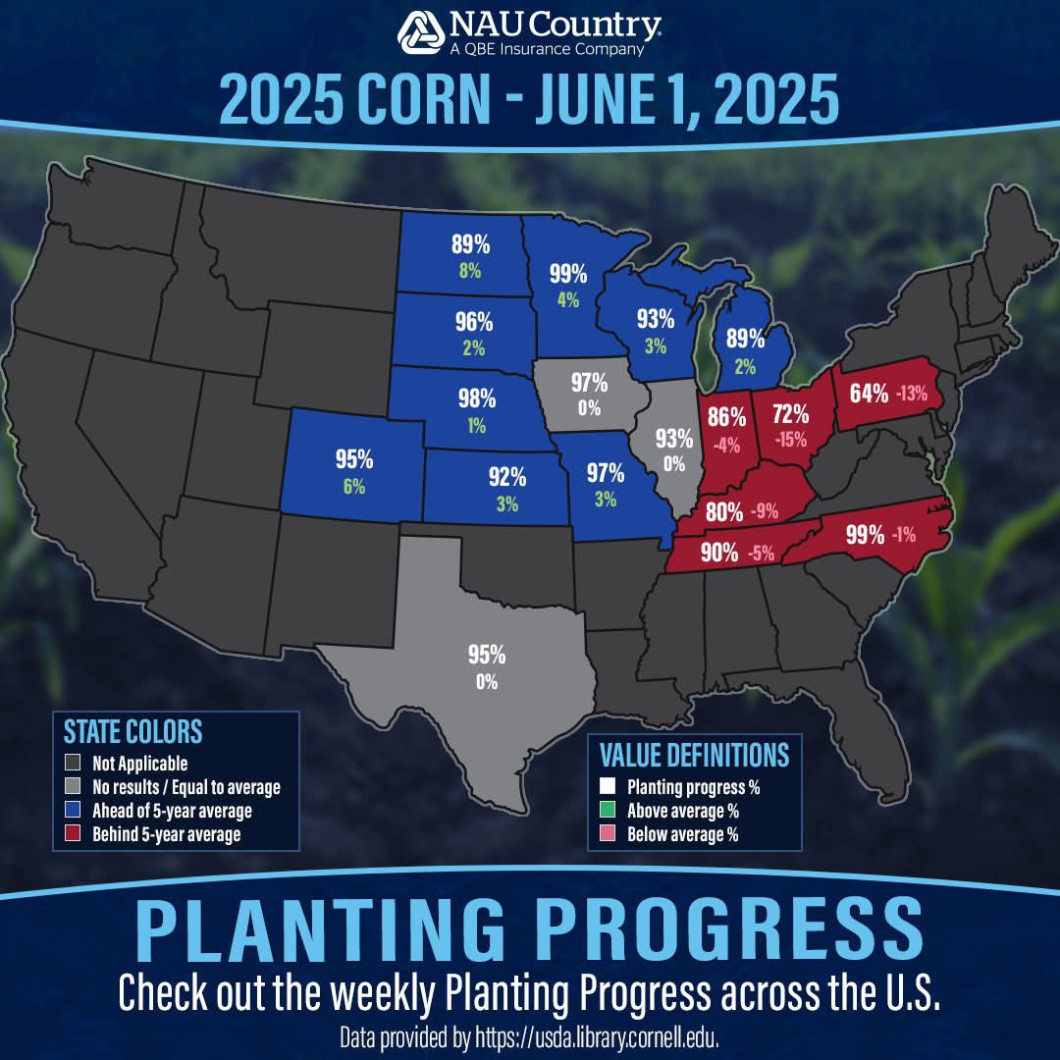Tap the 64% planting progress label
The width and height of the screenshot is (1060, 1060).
[x=869, y=394]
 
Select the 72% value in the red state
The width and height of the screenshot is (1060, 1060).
[x=790, y=413]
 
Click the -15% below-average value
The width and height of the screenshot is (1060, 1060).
[x=789, y=440]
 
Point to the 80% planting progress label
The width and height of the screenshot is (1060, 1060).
[x=723, y=511]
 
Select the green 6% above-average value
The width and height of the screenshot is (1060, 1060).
[x=353, y=485]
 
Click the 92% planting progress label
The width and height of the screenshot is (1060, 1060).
[x=507, y=478]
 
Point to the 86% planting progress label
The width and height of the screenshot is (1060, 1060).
[x=727, y=413]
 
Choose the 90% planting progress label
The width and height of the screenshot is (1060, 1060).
[x=719, y=553]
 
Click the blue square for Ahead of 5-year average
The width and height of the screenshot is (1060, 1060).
[x=71, y=812]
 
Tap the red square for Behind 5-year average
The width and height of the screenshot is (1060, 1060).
[x=71, y=835]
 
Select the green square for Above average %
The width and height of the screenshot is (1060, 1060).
[x=609, y=811]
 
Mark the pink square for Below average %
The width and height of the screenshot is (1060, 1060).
[x=609, y=834]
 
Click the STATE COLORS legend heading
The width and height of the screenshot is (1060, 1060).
[x=132, y=731]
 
